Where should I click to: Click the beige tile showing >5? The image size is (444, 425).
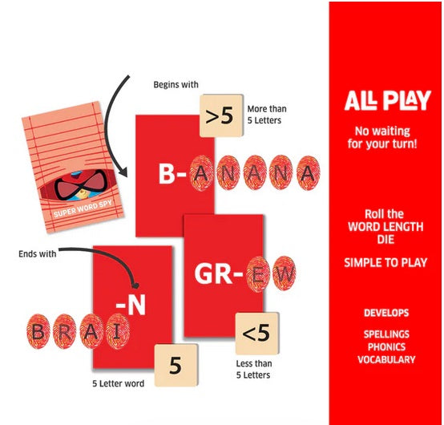click(x=221, y=115)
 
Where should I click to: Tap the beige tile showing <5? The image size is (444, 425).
click(x=257, y=334)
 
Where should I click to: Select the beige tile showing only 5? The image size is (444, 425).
click(x=176, y=366)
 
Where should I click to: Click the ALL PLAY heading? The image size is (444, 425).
click(x=388, y=100)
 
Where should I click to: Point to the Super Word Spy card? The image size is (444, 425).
click(x=73, y=167)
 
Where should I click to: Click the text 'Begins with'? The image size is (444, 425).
click(x=176, y=85)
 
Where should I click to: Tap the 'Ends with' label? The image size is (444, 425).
click(x=38, y=254)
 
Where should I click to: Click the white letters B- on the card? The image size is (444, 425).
click(x=172, y=173)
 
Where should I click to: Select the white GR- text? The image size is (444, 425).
click(x=218, y=274)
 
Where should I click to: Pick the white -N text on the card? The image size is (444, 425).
click(x=131, y=305)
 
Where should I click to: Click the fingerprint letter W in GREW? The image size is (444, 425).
click(x=284, y=273)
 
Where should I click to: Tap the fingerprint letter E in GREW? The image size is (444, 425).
click(x=258, y=273)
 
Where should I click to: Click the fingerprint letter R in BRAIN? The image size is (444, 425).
click(x=65, y=331)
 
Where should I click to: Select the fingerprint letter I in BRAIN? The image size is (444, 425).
click(x=118, y=331)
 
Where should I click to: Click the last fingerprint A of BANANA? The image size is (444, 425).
click(x=308, y=173)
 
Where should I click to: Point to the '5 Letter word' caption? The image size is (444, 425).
click(x=119, y=383)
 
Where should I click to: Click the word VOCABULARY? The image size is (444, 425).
click(x=386, y=359)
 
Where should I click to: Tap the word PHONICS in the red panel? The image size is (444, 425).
click(x=386, y=346)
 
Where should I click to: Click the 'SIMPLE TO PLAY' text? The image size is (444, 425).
click(x=385, y=263)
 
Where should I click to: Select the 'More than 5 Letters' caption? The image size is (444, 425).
click(x=267, y=115)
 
